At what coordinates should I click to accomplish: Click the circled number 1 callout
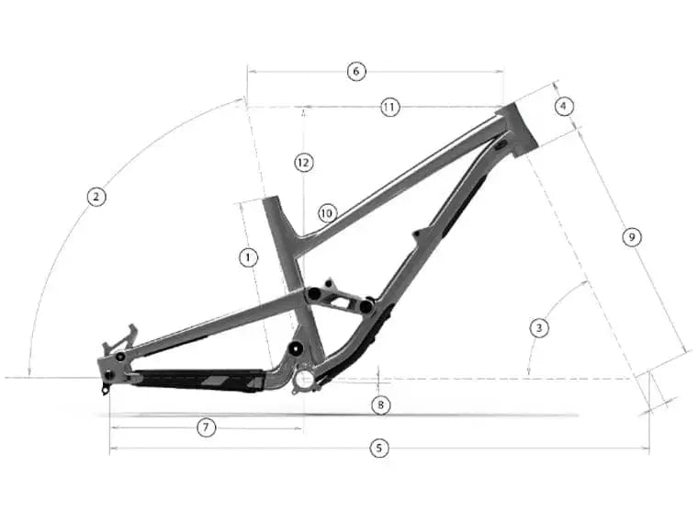click(247, 257)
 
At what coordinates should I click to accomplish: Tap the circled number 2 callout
click(94, 196)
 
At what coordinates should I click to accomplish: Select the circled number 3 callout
click(539, 327)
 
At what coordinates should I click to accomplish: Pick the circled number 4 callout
click(564, 106)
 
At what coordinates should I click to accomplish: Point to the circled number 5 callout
click(377, 449)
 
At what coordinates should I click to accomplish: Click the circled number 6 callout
click(356, 71)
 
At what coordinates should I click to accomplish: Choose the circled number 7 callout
click(207, 427)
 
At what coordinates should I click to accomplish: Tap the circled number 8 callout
click(380, 404)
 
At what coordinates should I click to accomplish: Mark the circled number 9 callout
click(630, 237)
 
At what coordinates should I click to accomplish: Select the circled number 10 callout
click(326, 212)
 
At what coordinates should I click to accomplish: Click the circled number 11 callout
click(389, 108)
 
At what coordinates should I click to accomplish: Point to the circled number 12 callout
click(304, 162)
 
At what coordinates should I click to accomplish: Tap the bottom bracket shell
click(303, 378)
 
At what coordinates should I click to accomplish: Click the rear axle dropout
click(111, 375)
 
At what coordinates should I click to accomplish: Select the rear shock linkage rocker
click(341, 298)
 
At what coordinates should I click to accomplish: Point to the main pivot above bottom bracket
click(295, 349)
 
